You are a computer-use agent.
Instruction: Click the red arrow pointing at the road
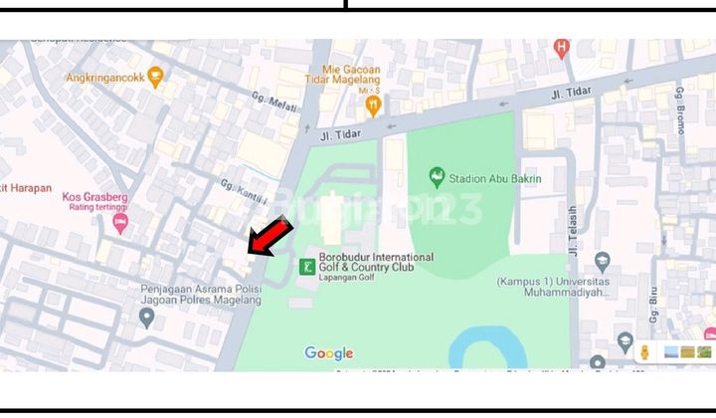point(269,239)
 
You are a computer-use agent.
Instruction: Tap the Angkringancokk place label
point(105,78)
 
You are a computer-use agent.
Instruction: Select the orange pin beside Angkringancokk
point(154,78)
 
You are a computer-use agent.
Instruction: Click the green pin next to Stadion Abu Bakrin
point(436,179)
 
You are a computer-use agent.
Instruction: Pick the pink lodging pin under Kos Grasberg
point(120,224)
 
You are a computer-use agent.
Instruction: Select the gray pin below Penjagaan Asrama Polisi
point(147,317)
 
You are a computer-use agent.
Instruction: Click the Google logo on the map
point(329,353)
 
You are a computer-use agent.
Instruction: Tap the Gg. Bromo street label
point(681,104)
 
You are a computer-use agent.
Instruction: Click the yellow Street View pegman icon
point(644,351)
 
